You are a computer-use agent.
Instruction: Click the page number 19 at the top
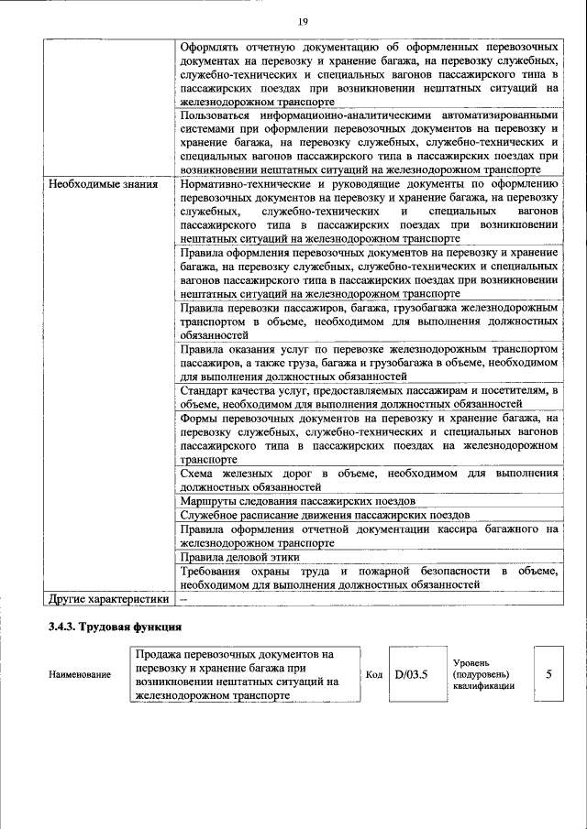tap(301, 22)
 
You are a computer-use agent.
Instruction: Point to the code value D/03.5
tap(412, 674)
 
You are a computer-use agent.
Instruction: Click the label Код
tap(373, 675)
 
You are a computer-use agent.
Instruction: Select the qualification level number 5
tap(548, 674)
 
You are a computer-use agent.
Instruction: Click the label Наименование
tap(80, 675)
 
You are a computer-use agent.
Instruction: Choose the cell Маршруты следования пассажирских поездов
tap(297, 501)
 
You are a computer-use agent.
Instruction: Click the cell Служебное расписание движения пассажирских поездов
tap(325, 515)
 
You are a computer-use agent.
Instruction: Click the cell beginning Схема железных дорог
tap(369, 480)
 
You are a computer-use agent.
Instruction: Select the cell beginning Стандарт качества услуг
tap(369, 397)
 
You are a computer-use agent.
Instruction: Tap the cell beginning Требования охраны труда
tap(369, 577)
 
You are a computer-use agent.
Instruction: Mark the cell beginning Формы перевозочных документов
tap(369, 438)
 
